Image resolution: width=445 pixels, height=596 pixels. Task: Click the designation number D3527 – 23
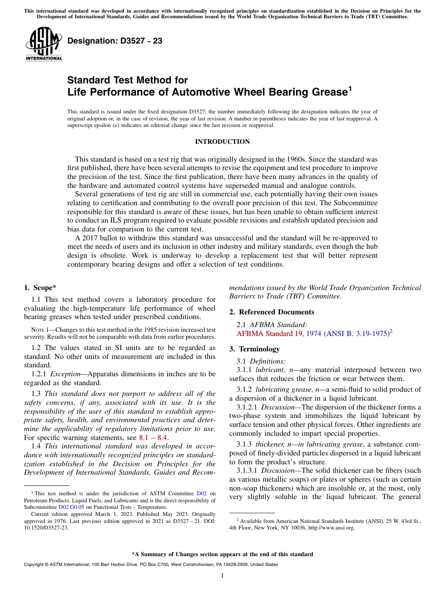point(115,41)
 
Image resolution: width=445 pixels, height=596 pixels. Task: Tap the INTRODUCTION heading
point(222,142)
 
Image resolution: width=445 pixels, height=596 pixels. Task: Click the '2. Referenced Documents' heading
point(271,312)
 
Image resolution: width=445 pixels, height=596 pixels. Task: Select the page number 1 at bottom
point(222,576)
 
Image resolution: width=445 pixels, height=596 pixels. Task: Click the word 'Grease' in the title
point(328,92)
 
